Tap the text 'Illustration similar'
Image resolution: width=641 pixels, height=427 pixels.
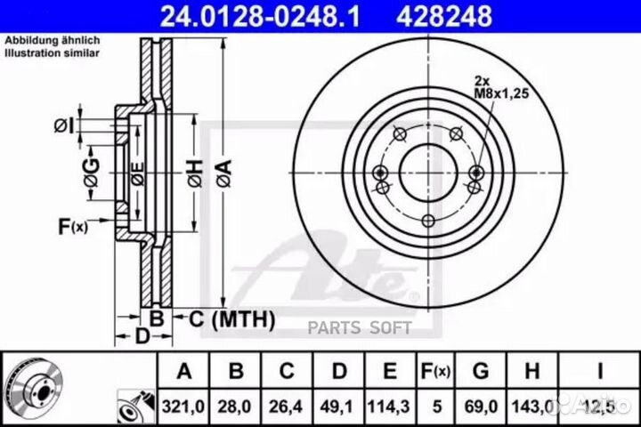point(53,53)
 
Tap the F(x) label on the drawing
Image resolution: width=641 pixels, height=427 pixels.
point(73,227)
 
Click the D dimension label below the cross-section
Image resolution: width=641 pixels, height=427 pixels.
point(140,336)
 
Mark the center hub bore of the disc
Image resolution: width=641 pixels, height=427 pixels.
point(428,172)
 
